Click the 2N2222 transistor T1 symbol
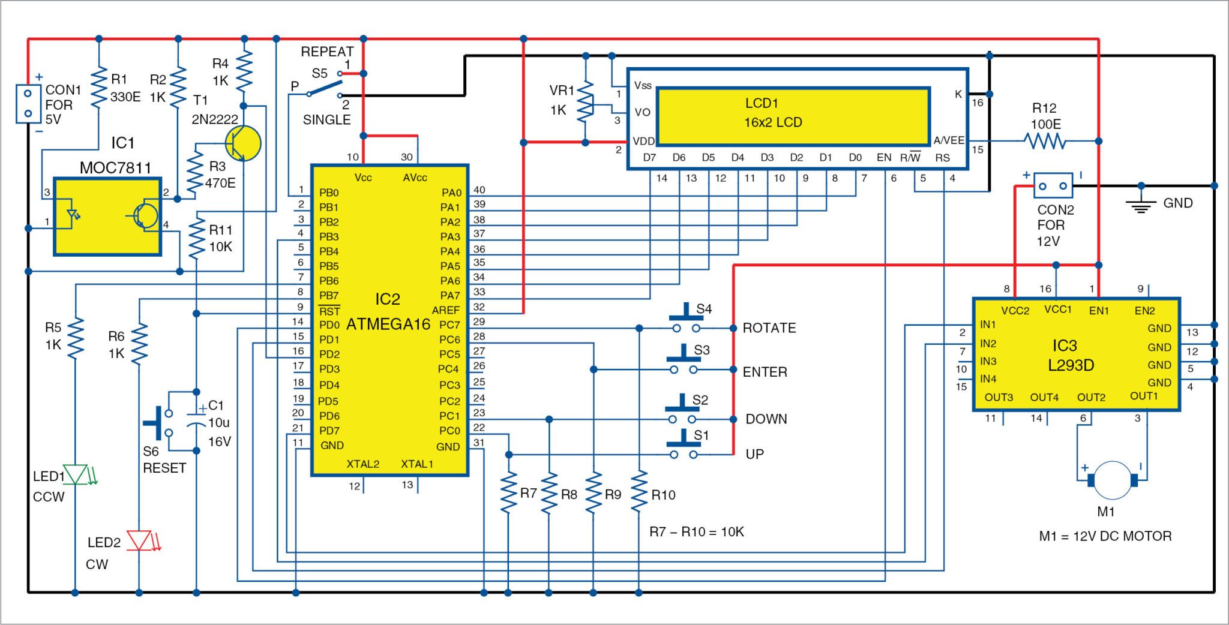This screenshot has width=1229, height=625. point(244,143)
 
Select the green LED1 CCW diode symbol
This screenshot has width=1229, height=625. point(76,474)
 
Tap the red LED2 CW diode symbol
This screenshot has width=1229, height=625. point(140,540)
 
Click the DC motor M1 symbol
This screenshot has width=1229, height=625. point(1112,480)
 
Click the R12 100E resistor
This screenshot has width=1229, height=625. point(1045,142)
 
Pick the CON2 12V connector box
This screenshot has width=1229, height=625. point(1053,186)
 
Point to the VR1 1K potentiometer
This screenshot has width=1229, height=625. point(586,107)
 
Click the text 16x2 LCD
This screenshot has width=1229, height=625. point(773,122)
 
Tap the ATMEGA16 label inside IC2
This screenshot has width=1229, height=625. point(388,324)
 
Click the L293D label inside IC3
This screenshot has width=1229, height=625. point(1071,365)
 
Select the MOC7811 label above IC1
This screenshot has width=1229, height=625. point(115,168)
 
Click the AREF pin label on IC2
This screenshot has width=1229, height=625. point(445,310)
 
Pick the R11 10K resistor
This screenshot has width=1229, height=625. point(197,238)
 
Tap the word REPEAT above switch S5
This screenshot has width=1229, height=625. point(327,52)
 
